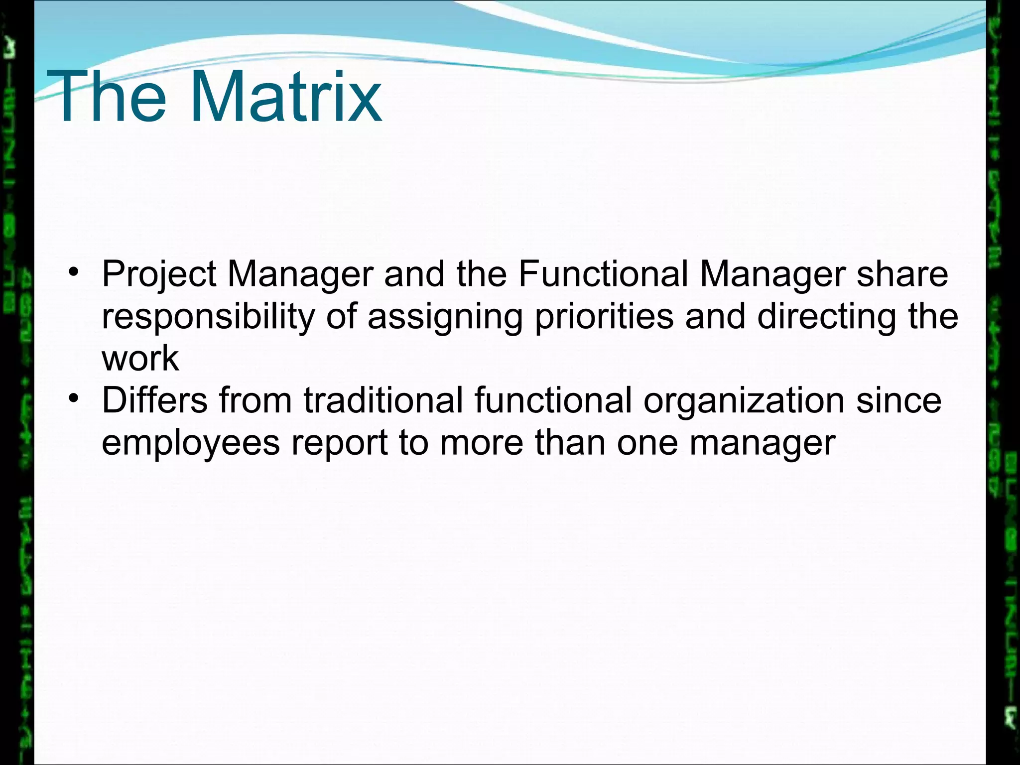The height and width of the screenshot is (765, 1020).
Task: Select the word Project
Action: pos(159,274)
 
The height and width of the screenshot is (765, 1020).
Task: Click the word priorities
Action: pos(604,317)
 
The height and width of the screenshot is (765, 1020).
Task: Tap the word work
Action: pos(140,358)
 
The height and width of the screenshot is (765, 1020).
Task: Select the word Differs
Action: pos(154,400)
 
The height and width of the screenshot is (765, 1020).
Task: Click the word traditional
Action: pos(383,400)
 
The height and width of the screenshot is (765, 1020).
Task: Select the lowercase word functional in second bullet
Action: pos(553,400)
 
